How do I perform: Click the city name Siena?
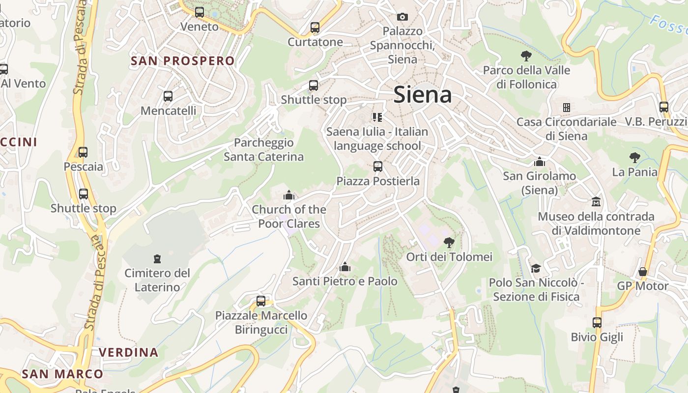tap(423, 94)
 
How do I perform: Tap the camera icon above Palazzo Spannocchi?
tap(402, 17)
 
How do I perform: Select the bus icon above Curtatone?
tap(315, 28)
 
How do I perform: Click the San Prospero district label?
tap(182, 61)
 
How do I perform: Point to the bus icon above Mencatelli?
tap(168, 96)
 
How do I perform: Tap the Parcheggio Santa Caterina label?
tap(264, 150)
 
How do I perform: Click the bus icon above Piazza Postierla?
tap(378, 167)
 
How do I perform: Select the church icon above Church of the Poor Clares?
tap(289, 195)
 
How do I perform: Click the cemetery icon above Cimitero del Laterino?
tap(157, 258)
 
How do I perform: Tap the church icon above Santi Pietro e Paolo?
tap(345, 267)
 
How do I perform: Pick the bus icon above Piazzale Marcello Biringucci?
tap(261, 301)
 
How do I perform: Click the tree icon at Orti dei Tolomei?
tap(449, 242)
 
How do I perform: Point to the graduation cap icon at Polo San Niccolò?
tap(536, 268)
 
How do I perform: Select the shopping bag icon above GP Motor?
tap(643, 272)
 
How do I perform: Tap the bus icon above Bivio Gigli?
tap(597, 323)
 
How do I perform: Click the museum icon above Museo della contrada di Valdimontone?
tap(596, 202)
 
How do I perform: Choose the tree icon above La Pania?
tap(635, 158)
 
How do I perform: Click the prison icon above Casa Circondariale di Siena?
tap(566, 107)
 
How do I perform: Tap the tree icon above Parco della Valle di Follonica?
tap(526, 56)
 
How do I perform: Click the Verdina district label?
tap(129, 352)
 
